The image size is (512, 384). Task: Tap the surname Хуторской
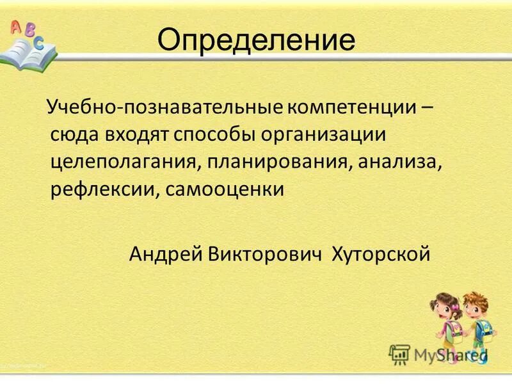coord(380,255)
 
